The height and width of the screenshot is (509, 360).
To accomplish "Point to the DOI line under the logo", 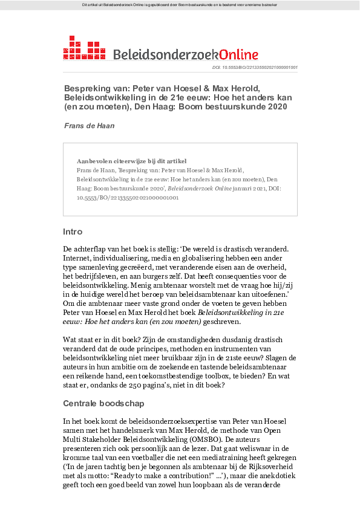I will coord(254,68).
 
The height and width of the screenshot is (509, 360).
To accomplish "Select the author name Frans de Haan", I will coord(89,125).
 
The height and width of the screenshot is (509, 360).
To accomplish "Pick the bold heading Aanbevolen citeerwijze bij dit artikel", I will coord(131,161).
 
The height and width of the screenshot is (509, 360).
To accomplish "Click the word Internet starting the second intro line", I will coord(78,259).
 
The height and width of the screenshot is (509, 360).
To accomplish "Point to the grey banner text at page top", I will coord(180,5).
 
